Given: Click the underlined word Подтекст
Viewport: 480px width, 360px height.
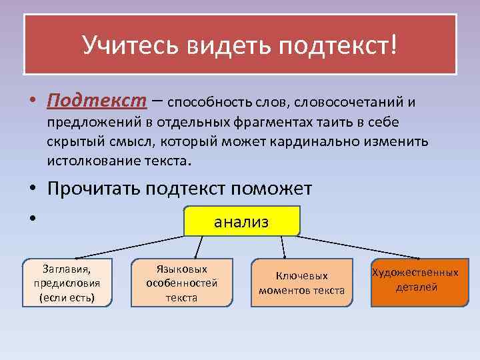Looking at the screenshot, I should pos(97,101).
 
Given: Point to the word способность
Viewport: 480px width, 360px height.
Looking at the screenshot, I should pos(207,103).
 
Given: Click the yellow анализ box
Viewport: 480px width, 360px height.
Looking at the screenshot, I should pos(241,221).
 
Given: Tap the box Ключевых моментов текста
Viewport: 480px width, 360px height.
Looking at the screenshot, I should pos(301,283).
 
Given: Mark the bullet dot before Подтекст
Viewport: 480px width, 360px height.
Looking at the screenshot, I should pos(32,101).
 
